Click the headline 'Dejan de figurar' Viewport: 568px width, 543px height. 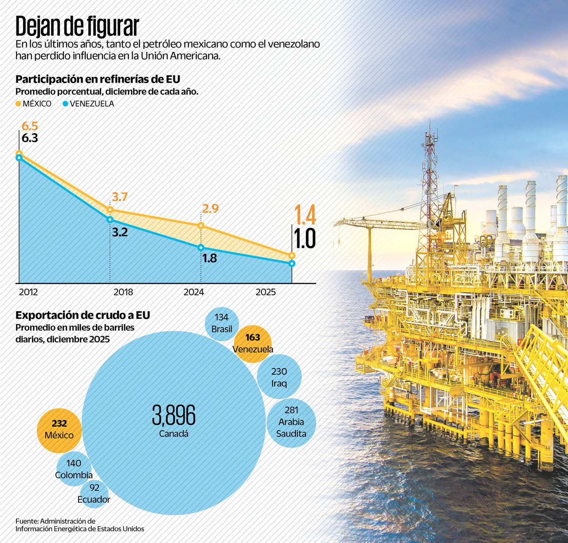click(77, 27)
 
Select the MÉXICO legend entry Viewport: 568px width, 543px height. click(34, 103)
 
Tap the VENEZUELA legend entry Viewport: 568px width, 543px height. click(88, 103)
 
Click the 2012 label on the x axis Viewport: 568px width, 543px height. click(28, 292)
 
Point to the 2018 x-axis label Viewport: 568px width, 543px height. click(123, 292)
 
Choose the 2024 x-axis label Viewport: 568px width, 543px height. click(193, 292)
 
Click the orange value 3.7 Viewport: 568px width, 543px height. click(120, 197)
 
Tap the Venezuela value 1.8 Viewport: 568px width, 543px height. click(209, 258)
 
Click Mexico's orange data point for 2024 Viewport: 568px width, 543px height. click(201, 226)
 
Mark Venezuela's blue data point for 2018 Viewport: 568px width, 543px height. click(110, 219)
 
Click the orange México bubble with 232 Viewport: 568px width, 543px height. click(59, 430)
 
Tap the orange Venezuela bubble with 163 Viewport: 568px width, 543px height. click(252, 343)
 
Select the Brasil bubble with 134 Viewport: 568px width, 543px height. click(221, 323)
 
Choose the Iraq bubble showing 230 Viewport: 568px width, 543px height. click(279, 377)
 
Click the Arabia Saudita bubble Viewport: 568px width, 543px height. click(292, 422)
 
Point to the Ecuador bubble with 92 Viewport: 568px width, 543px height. click(94, 493)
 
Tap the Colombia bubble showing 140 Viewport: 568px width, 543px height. click(74, 469)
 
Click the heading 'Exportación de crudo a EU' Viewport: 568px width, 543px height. click(83, 315)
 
